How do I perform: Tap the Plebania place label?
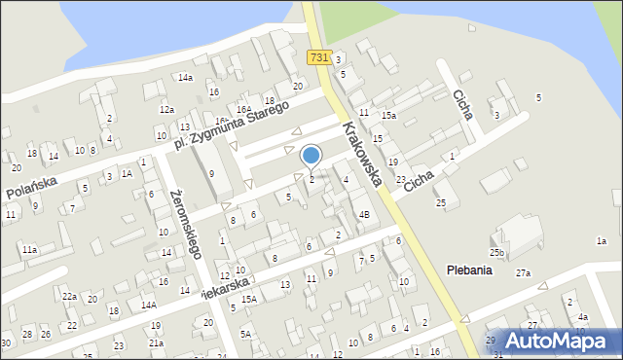pos(469,270)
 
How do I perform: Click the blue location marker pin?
pos(311,156)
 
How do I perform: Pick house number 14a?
pos(185,77)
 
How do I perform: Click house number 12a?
pos(166,110)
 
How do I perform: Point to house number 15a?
pos(388,116)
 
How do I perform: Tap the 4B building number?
pos(364,213)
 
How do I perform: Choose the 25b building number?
pos(496,253)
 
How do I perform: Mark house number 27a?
pos(524,273)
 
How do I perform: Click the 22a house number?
pos(69,296)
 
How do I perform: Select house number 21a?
pos(156,342)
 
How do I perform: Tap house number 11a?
pos(30,250)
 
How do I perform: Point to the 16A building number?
pos(244,109)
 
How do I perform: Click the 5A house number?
pos(246,334)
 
